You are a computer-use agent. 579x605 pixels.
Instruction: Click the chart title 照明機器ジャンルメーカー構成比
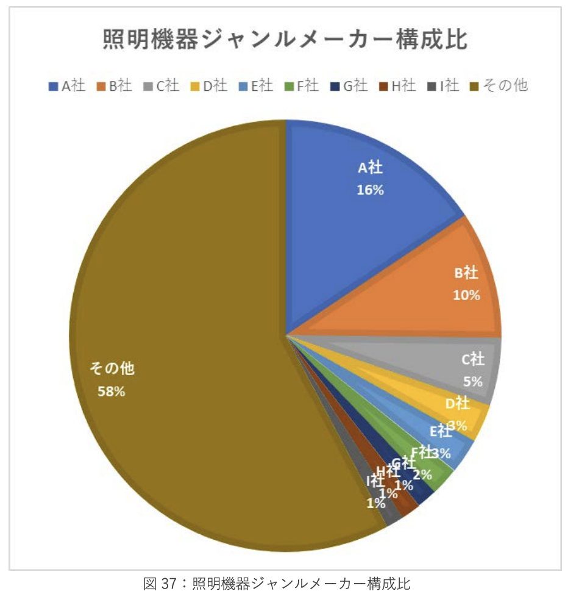coord(285,40)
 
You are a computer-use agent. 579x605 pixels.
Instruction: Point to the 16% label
coord(370,190)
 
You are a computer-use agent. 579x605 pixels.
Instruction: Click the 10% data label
coord(466,295)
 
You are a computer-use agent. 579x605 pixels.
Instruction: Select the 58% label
coord(112,392)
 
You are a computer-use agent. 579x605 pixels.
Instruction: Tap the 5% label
coord(472,382)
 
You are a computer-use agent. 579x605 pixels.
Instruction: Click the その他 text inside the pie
coord(112,368)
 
